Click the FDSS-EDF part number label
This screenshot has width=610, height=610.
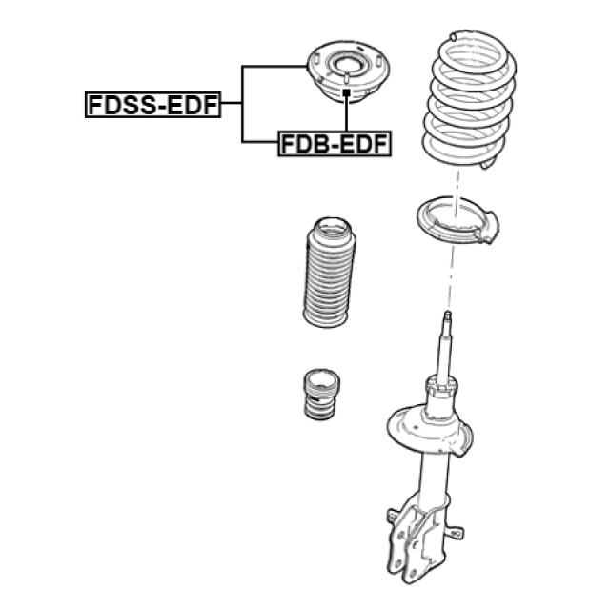pos(152,105)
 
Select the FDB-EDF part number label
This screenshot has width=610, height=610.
pos(335,145)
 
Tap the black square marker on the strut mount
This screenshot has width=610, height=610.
pos(346,93)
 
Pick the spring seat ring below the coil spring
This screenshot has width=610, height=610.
pos(457,226)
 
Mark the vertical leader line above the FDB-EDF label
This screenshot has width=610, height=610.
pos(346,114)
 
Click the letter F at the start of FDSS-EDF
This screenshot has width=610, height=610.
pos(94,105)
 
